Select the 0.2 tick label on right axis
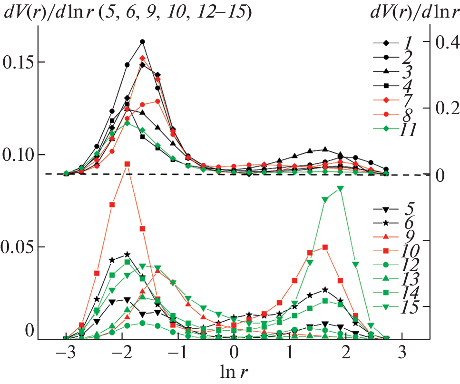(x=447, y=108)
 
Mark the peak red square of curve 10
(x=127, y=164)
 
